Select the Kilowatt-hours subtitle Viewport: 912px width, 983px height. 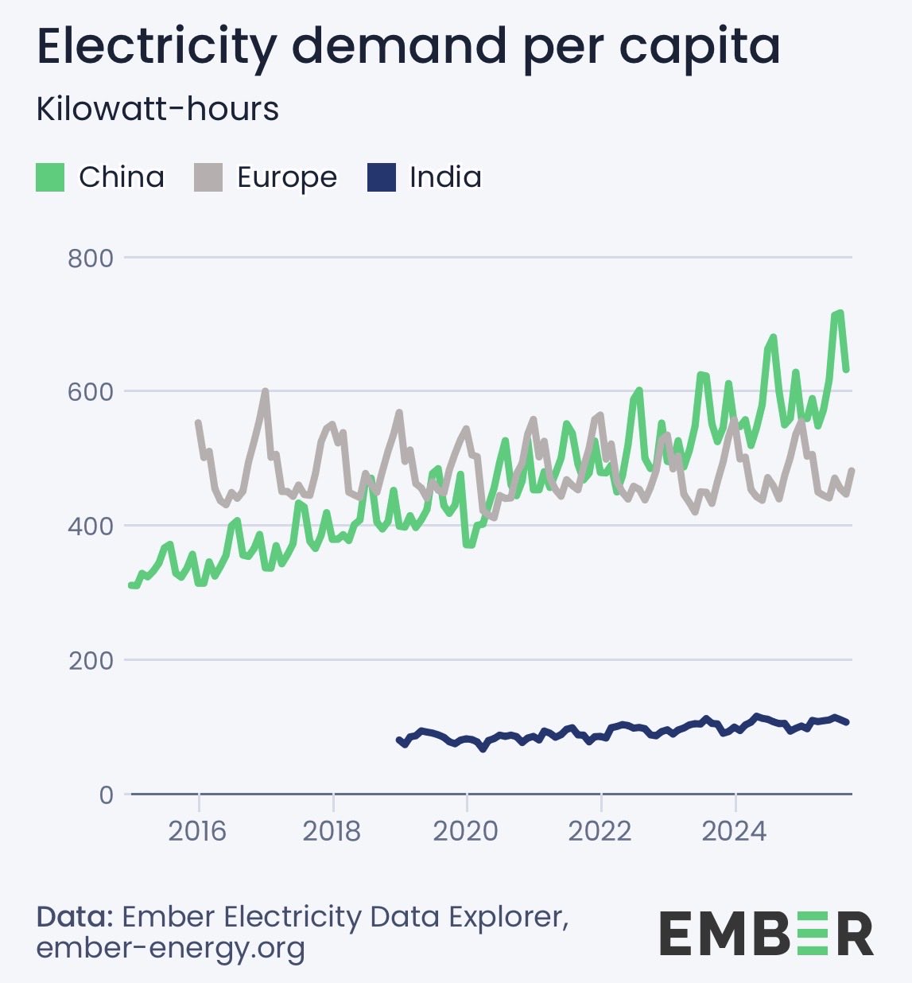(157, 110)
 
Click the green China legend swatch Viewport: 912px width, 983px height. (50, 177)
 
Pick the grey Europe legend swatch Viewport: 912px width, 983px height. (208, 177)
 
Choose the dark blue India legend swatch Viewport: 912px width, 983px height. (382, 177)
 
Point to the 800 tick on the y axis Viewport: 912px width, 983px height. (91, 258)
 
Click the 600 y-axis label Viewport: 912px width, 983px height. (91, 392)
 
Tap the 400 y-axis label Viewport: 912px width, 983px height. (91, 526)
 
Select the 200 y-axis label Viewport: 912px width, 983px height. (91, 661)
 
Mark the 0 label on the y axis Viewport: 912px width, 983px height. (106, 795)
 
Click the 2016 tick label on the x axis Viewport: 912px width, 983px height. (198, 832)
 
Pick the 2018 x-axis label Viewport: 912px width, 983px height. (332, 832)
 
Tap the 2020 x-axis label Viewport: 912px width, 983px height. (466, 832)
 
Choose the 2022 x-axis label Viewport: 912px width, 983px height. (600, 832)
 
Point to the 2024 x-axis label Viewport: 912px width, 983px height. (735, 832)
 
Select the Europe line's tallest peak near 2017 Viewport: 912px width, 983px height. (266, 391)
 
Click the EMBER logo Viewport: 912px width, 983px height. (766, 934)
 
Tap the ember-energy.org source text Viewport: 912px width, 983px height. (171, 948)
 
